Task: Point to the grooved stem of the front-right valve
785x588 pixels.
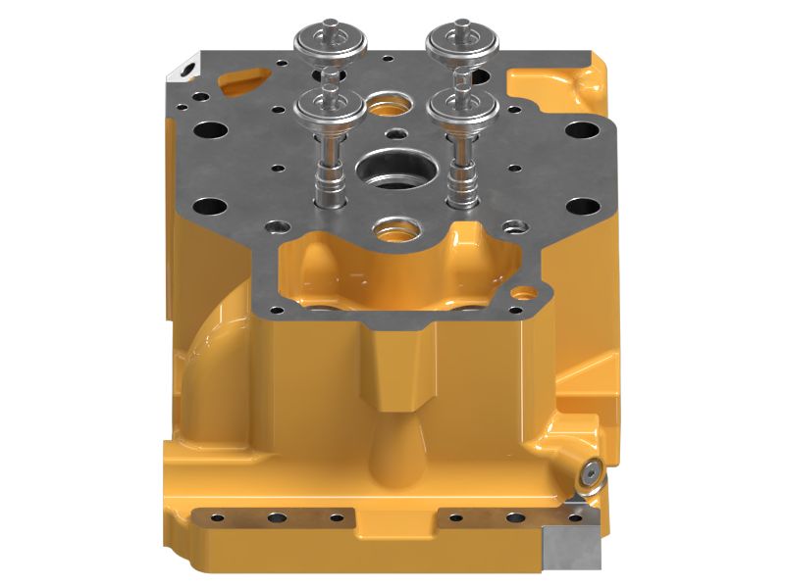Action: pos(456,181)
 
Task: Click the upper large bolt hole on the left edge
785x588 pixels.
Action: pos(211,129)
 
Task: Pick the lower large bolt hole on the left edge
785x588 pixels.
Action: pos(209,208)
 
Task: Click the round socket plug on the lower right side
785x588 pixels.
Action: pos(589,474)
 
